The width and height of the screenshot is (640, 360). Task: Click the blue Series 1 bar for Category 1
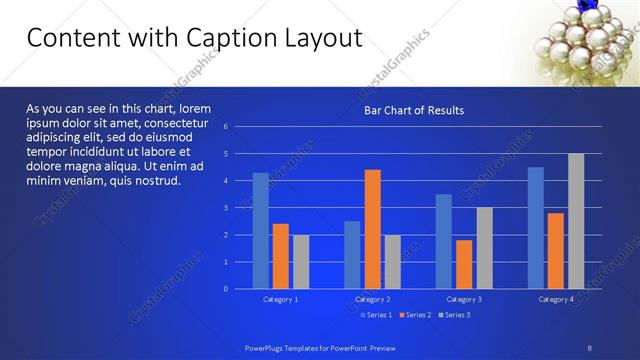(x=260, y=231)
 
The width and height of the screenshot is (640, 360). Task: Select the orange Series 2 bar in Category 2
(x=372, y=229)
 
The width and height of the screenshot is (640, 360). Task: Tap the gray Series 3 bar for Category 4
(x=576, y=221)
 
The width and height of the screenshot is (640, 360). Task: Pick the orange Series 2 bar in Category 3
(x=464, y=264)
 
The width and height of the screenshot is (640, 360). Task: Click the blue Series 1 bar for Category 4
(x=536, y=228)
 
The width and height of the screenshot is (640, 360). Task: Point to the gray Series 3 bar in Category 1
(x=301, y=262)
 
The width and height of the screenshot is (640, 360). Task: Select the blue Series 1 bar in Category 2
(x=352, y=255)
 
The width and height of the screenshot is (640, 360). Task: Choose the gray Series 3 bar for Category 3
(x=484, y=248)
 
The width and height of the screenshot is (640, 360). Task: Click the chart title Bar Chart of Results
(x=413, y=110)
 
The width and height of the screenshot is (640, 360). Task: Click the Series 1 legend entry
(x=375, y=315)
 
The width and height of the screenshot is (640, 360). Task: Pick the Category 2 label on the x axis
(x=372, y=299)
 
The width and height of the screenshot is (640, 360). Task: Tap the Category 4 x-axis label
(x=556, y=299)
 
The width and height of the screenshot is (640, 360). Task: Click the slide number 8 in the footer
(x=590, y=346)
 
